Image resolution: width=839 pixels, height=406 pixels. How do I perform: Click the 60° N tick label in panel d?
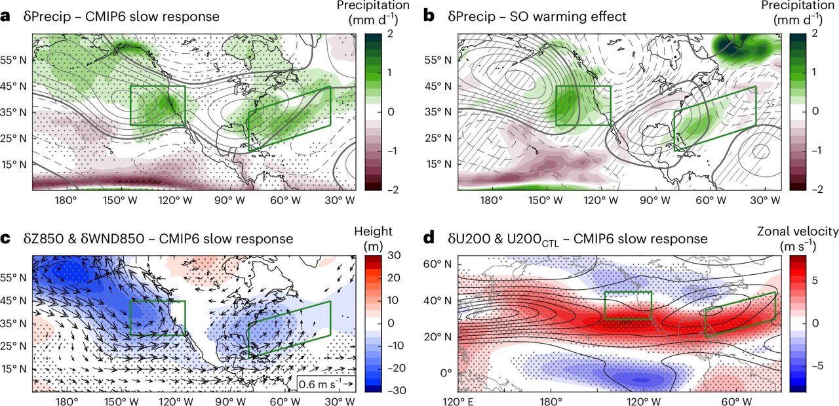pos(440,264)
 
